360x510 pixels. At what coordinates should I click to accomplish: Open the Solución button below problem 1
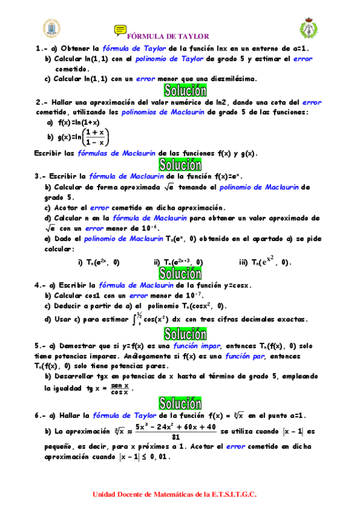click(x=180, y=91)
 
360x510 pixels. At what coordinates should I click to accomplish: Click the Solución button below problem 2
click(x=180, y=165)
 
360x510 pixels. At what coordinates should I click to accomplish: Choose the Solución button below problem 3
click(x=180, y=274)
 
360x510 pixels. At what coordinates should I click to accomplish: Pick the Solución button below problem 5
click(x=180, y=403)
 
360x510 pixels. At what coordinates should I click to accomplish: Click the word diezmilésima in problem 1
click(x=231, y=78)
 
